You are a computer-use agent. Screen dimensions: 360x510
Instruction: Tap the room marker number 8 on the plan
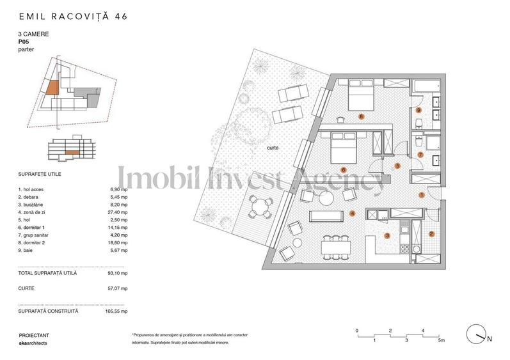[x=362, y=117]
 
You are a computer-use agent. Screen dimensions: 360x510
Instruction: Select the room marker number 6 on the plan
[x=344, y=170]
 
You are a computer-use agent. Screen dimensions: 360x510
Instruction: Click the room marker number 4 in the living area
[x=352, y=214]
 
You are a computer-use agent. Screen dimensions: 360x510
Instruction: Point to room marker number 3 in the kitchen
[x=387, y=235]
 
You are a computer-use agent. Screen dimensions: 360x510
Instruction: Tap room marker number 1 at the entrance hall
[x=421, y=194]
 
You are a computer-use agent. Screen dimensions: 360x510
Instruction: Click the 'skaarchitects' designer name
[x=33, y=343]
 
